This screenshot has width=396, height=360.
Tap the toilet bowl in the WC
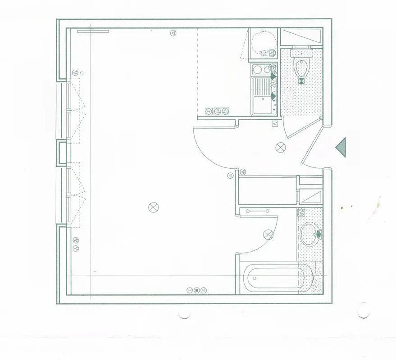pos(301,67)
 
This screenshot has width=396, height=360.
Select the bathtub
pos(277,278)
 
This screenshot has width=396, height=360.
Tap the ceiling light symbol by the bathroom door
pos(269,234)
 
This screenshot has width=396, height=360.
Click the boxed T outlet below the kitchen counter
pos(209,111)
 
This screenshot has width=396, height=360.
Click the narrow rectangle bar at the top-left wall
pos(93,31)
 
